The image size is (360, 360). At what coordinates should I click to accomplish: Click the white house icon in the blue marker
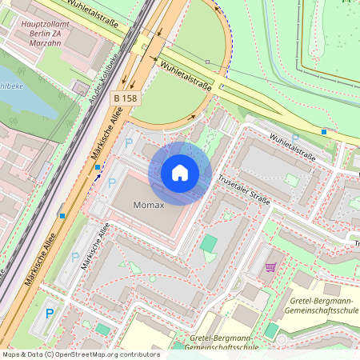(x=180, y=173)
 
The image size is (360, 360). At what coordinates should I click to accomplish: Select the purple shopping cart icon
(x=270, y=267)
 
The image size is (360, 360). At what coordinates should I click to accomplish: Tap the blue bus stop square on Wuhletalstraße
(x=324, y=131)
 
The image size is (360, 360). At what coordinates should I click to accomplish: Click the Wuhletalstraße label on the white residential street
(x=293, y=147)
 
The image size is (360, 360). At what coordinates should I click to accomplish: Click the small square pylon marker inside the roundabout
(x=207, y=62)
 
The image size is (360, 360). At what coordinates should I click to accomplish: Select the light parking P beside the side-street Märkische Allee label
(x=76, y=258)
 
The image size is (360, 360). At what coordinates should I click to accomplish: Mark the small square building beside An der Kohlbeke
(x=81, y=86)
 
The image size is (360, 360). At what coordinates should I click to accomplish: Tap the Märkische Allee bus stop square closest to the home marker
(x=98, y=166)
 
